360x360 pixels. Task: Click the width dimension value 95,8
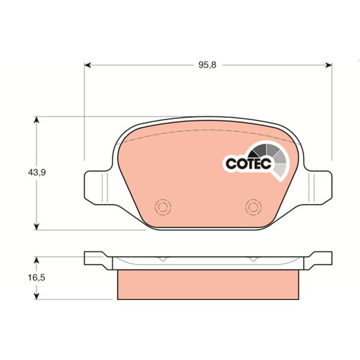206,65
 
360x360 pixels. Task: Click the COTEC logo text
248,163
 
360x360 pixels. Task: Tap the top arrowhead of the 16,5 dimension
37,260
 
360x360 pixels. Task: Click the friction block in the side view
208,285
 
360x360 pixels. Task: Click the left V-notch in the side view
162,259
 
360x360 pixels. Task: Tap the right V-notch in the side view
254,259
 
